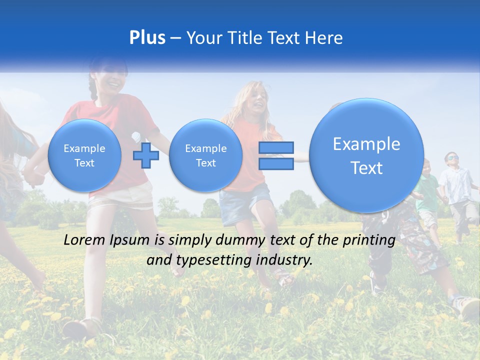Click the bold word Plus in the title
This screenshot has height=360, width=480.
147,38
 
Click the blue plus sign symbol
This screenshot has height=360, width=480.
146,155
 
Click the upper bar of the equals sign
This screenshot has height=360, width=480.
276,147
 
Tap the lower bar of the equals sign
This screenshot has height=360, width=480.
276,163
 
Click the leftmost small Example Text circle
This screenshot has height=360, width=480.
84,155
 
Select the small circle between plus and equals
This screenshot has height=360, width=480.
205,155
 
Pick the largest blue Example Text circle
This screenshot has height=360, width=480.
366,155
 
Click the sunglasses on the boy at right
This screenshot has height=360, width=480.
451,158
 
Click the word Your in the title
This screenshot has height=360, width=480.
203,38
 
